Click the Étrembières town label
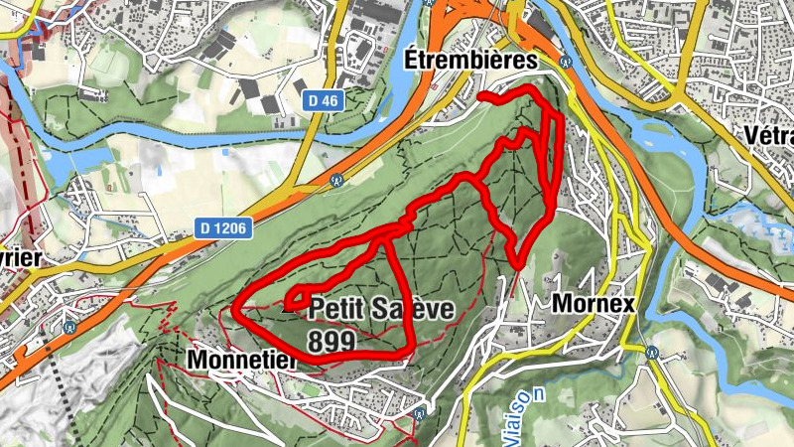(470, 61)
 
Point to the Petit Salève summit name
(381, 309)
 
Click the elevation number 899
(331, 341)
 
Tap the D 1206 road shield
(224, 227)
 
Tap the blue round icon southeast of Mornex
(650, 352)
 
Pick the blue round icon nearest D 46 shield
(336, 181)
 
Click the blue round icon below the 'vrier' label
(69, 324)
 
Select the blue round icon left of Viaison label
(424, 410)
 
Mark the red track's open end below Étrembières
(481, 96)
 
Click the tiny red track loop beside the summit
(294, 299)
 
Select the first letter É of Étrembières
(414, 61)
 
